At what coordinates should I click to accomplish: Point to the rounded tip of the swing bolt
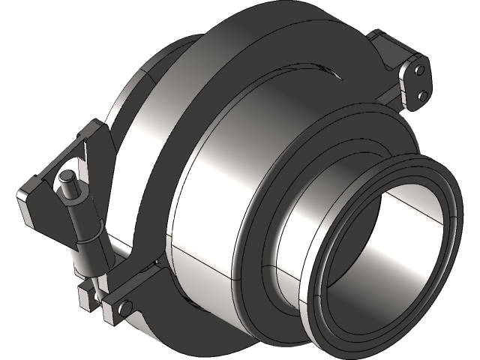pos(67,178)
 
